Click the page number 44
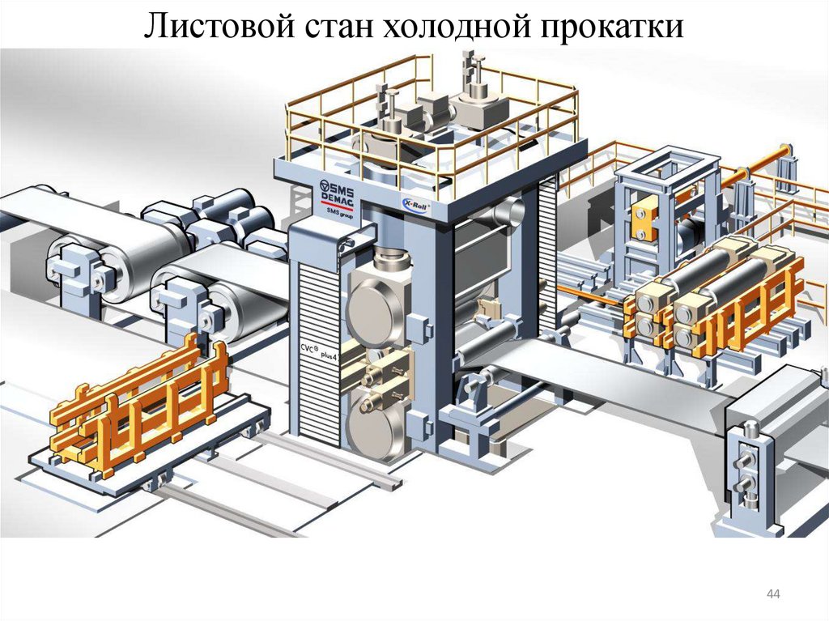point(772,596)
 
